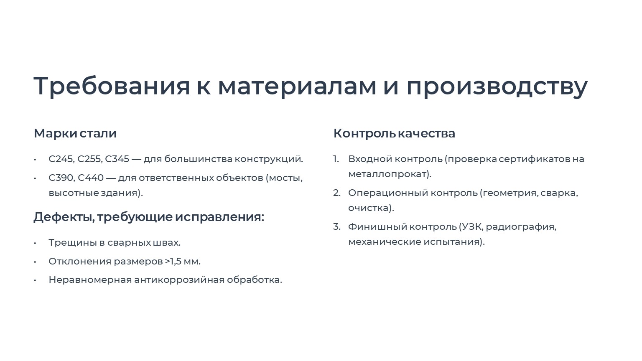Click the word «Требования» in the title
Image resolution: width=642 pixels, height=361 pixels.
point(112,86)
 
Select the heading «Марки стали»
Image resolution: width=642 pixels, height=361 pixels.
point(75,133)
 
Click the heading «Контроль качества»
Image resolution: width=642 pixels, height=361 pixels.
point(394,134)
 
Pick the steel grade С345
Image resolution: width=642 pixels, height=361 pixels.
point(117,159)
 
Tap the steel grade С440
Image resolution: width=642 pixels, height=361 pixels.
point(91,178)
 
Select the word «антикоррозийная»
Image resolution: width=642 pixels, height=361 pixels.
point(179,280)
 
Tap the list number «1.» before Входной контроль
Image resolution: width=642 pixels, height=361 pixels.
point(336,159)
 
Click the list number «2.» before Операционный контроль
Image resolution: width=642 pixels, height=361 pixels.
point(337,193)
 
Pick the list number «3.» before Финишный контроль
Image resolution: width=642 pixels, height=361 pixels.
point(337,226)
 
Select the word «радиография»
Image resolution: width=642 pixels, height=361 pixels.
point(520,227)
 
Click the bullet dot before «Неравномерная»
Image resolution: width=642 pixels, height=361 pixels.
point(35,280)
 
